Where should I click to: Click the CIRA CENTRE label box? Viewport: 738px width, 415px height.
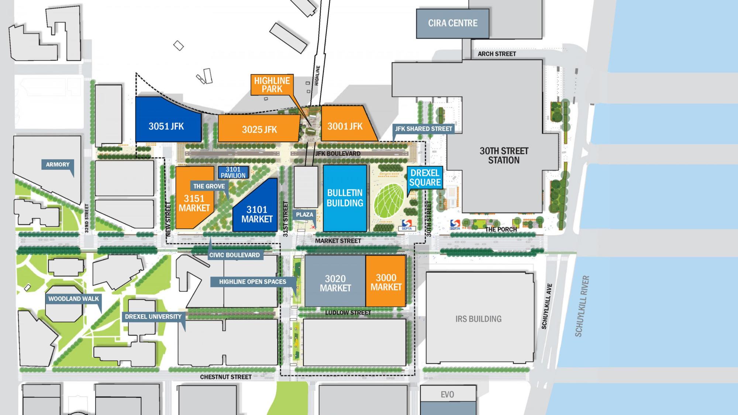[x=452, y=23]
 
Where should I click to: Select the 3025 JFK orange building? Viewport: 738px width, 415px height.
[x=259, y=129]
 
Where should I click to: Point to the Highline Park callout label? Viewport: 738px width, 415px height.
[x=272, y=85]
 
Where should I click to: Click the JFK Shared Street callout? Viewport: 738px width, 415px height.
[x=423, y=129]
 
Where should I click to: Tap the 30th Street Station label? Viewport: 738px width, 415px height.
[x=504, y=155]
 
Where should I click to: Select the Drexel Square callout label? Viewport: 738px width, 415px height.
[x=425, y=177]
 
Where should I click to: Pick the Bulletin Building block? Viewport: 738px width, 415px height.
[x=345, y=198]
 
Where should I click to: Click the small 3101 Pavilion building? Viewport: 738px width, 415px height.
[x=233, y=172]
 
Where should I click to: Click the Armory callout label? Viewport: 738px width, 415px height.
[x=58, y=165]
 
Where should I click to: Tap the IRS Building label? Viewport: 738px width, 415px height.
[x=478, y=319]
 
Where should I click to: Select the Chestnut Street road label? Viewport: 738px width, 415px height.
[x=225, y=377]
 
